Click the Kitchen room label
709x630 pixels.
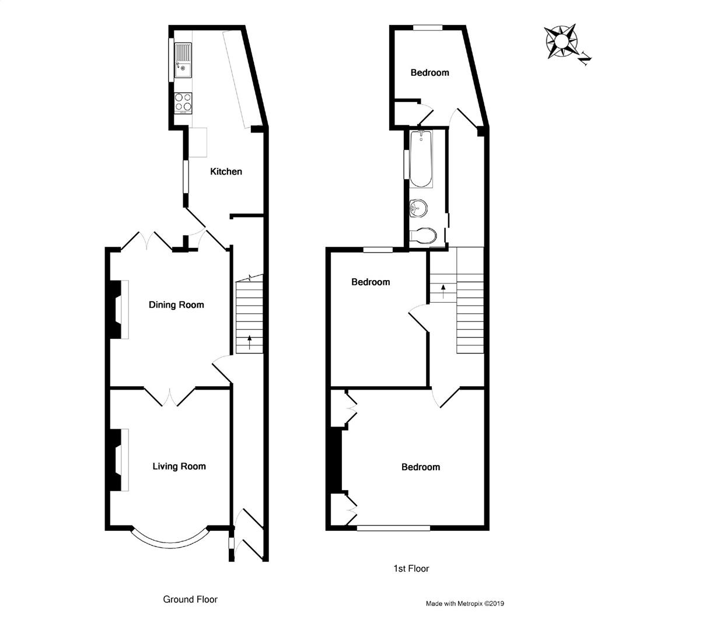226,171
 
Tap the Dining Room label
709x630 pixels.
176,304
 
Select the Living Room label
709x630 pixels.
179,466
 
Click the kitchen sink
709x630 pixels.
183,61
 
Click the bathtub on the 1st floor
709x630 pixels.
421,159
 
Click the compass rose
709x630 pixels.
561,41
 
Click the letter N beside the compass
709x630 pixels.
586,57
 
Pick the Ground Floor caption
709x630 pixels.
190,599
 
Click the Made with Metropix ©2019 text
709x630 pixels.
464,604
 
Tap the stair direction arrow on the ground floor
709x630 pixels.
250,342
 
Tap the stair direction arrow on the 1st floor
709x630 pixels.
443,290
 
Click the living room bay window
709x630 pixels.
170,540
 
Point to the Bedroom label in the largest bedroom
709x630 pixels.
421,467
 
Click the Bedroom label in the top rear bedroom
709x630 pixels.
430,72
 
